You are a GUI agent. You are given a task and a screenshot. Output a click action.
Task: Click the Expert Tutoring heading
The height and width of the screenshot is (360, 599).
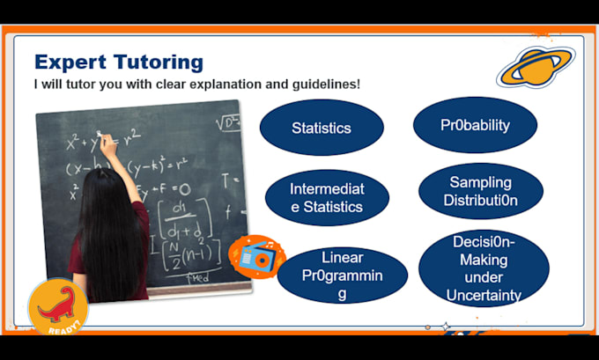[x=118, y=62]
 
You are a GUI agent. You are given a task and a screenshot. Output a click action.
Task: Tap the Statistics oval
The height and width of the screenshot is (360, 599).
[x=322, y=128]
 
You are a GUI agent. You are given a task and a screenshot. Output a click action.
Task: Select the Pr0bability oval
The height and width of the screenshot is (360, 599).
[x=475, y=125]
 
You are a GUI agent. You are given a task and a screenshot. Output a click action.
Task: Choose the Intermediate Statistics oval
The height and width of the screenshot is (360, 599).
[x=327, y=198]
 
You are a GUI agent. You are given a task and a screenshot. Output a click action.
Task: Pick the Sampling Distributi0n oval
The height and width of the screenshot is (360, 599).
[x=480, y=191]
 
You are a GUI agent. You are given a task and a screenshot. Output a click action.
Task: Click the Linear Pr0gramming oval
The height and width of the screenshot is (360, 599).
[x=342, y=276]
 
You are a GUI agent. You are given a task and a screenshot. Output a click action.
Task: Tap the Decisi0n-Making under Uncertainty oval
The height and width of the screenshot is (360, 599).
[x=483, y=268]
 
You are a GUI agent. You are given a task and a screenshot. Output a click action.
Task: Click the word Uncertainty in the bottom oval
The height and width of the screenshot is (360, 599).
[x=483, y=296]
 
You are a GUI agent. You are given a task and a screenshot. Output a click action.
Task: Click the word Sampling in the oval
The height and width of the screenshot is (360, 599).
[x=480, y=182]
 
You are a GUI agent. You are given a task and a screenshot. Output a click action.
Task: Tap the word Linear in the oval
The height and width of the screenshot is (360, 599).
[x=342, y=258]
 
